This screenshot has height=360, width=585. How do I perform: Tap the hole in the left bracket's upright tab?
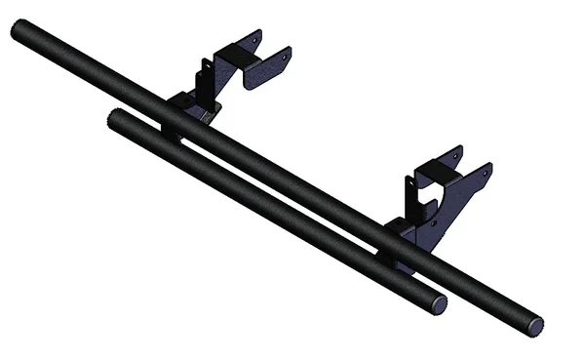(206, 69)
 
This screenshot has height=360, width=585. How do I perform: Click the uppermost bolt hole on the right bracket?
(457, 154)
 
